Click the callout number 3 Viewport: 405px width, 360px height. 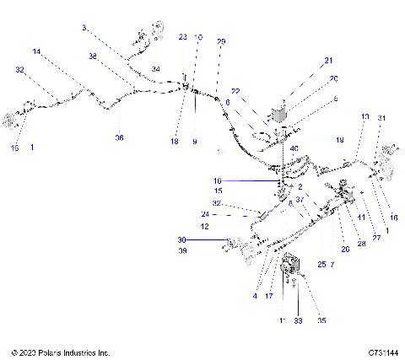(x=84, y=28)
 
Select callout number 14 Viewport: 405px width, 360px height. (x=36, y=51)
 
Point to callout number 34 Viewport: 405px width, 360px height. (x=155, y=68)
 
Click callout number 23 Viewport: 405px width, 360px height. (x=183, y=37)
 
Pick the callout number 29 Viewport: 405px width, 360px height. (x=222, y=41)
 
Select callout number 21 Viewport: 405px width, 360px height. (x=328, y=60)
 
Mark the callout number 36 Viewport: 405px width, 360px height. (x=119, y=137)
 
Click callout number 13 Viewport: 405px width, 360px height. (x=364, y=116)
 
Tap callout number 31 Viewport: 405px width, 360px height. (x=381, y=117)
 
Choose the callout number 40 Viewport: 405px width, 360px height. (x=294, y=149)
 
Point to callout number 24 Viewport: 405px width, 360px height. (x=207, y=214)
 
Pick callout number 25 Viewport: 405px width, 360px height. (x=321, y=264)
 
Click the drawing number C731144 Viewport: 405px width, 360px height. (x=382, y=352)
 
